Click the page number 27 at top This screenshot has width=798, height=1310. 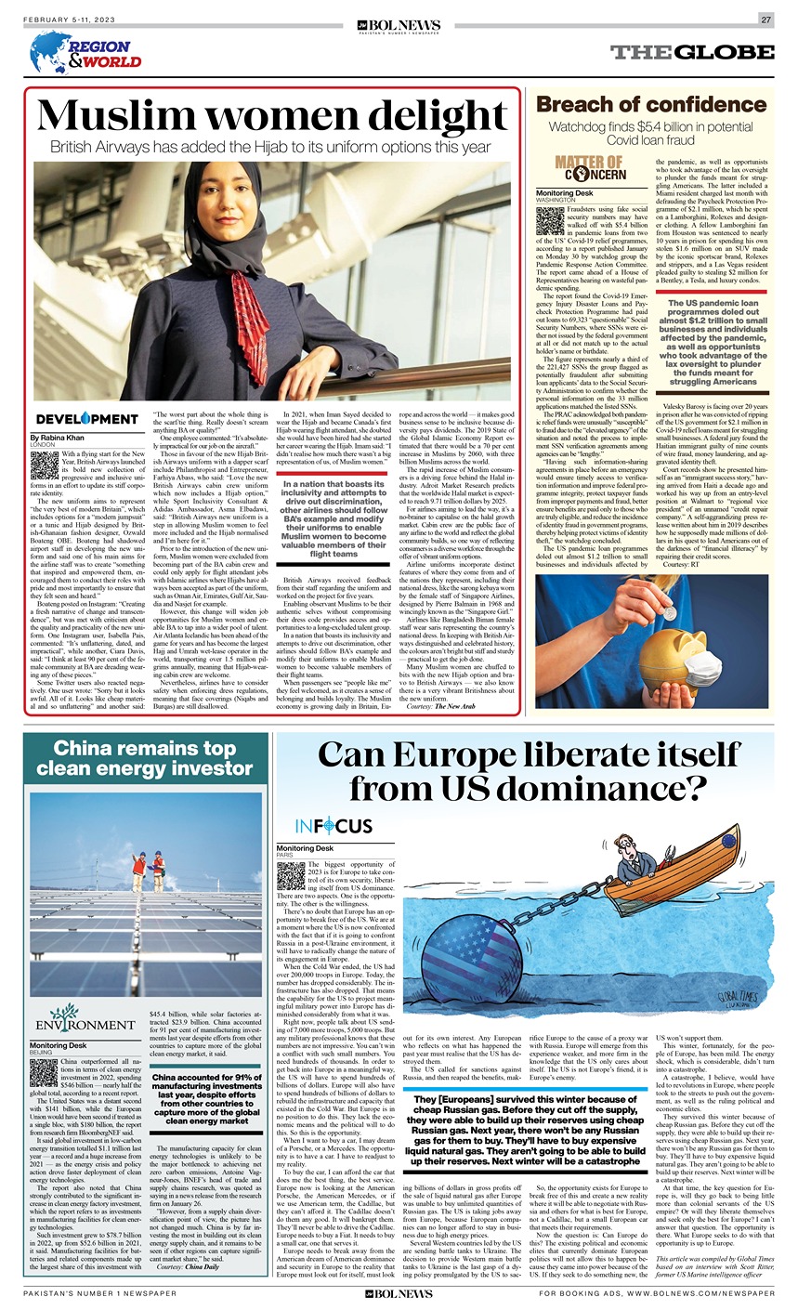(x=766, y=20)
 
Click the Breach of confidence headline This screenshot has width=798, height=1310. (x=651, y=104)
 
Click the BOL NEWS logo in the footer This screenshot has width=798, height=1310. (x=399, y=1293)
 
